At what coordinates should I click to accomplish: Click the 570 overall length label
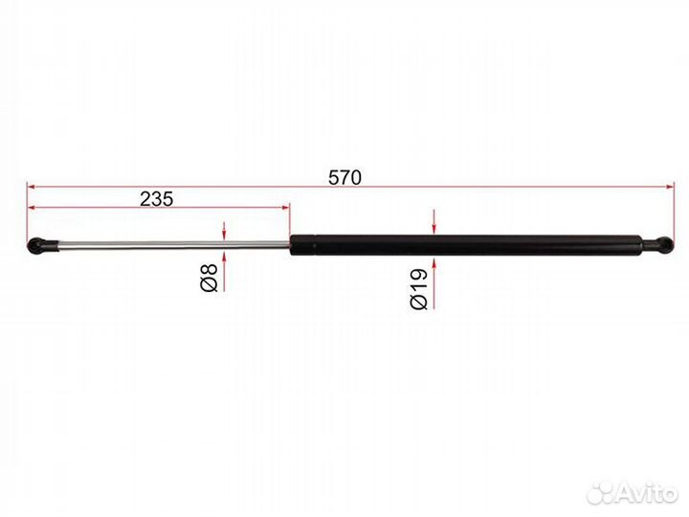click(x=344, y=177)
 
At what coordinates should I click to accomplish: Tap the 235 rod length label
click(x=156, y=199)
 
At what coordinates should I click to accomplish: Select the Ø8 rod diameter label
click(x=209, y=278)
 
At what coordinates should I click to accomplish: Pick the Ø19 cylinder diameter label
click(x=418, y=288)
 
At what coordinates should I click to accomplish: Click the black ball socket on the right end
click(x=660, y=245)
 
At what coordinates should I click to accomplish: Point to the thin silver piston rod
click(x=174, y=246)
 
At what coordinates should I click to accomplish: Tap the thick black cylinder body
click(x=466, y=245)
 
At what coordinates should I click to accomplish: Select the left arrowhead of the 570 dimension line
click(x=31, y=187)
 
